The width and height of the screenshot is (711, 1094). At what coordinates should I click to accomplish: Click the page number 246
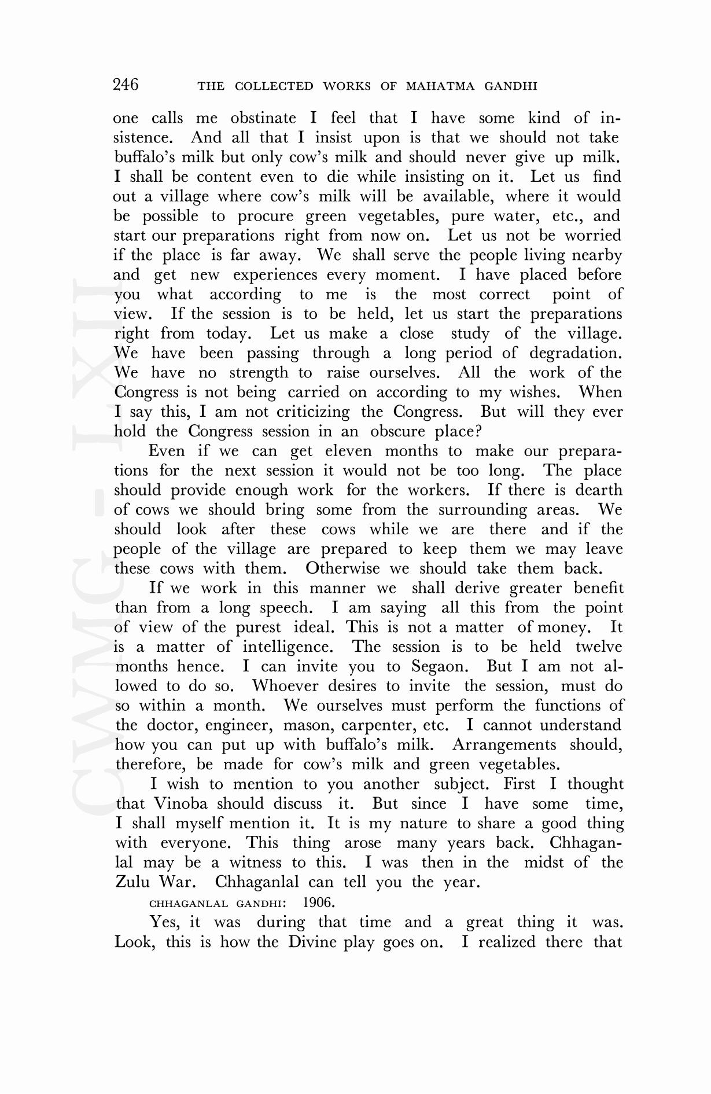click(x=126, y=85)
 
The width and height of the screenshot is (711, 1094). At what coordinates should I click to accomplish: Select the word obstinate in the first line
click(x=263, y=118)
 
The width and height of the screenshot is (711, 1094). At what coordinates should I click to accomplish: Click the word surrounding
click(x=482, y=510)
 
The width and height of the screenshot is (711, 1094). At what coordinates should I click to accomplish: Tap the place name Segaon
click(x=440, y=667)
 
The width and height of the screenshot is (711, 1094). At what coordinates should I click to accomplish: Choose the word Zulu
click(x=132, y=882)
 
